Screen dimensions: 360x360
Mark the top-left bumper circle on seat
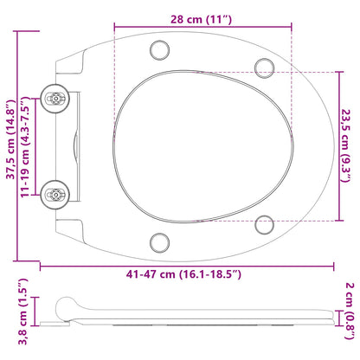tap(158, 48)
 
